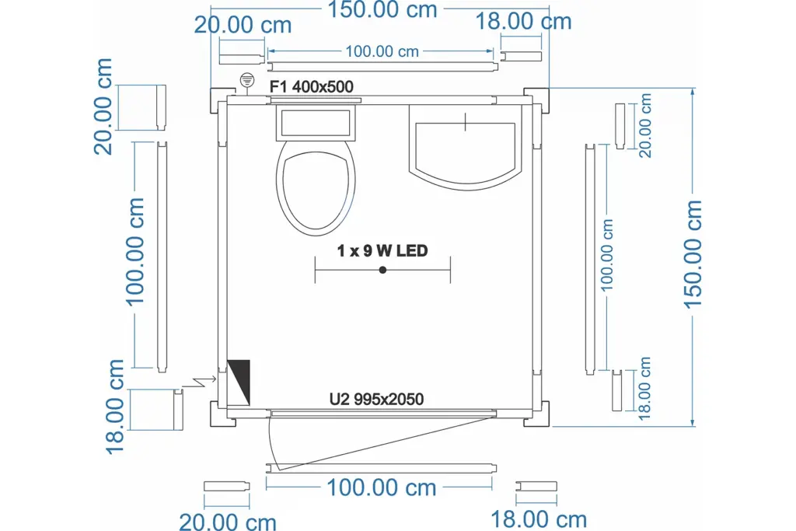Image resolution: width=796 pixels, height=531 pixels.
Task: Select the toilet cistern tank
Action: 316,122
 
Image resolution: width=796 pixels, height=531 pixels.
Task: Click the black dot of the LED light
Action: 382,270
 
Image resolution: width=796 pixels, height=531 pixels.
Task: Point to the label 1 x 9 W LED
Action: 382,251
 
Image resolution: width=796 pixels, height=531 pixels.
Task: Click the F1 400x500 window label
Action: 311,87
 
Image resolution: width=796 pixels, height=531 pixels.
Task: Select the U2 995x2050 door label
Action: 376,399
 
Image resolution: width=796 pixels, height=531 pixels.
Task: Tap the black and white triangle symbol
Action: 239,383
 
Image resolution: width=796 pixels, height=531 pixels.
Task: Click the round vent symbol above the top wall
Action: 246,80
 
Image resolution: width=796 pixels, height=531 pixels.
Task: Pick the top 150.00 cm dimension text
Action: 382,9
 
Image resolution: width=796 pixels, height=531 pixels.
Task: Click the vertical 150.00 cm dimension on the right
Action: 693,254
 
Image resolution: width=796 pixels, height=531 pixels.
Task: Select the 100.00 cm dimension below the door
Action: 381,487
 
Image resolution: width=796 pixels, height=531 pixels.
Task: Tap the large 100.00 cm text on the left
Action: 135,252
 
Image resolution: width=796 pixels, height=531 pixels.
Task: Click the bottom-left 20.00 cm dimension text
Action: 228,522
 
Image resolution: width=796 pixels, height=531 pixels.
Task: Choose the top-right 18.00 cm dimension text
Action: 523,22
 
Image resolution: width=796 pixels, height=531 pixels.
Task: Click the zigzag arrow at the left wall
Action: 199,382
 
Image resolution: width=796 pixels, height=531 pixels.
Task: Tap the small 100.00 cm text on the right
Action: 607,255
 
